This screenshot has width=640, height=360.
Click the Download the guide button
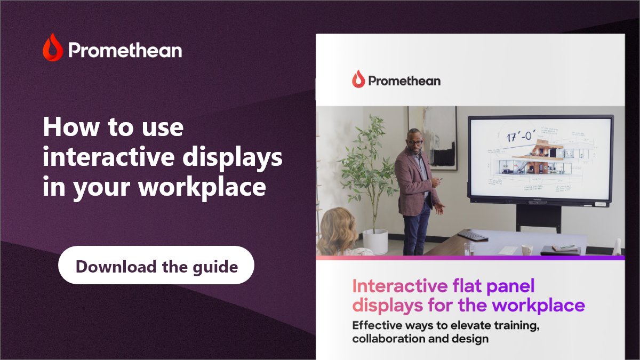point(156,265)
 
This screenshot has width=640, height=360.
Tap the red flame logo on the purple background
point(53,47)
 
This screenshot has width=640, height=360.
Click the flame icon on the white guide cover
point(358,79)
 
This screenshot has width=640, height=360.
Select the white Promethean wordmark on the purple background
point(125,51)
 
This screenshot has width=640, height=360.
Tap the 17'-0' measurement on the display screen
point(516,136)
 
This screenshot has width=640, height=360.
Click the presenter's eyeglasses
point(415,142)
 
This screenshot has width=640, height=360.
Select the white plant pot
point(375,241)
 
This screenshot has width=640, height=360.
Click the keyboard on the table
point(472,235)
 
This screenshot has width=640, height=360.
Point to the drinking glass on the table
point(468,249)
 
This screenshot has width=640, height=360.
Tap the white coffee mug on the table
point(526,249)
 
